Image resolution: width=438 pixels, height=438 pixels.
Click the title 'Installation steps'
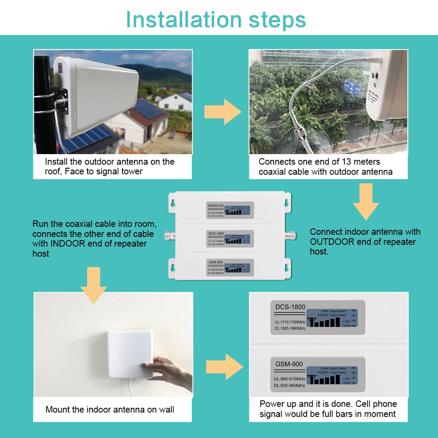[x=216, y=20]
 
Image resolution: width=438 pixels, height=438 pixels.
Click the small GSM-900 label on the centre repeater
[x=215, y=261]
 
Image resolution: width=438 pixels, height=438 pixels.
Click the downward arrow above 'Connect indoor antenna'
[x=366, y=201]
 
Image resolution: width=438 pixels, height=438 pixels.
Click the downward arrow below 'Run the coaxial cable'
[x=93, y=285]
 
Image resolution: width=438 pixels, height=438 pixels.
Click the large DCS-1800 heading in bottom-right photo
[x=290, y=307]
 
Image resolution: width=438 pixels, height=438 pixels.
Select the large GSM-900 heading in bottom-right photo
[x=289, y=364]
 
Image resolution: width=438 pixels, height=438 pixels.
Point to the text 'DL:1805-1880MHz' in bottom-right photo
[x=290, y=328]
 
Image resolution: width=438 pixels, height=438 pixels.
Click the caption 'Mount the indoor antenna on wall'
[x=109, y=410]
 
